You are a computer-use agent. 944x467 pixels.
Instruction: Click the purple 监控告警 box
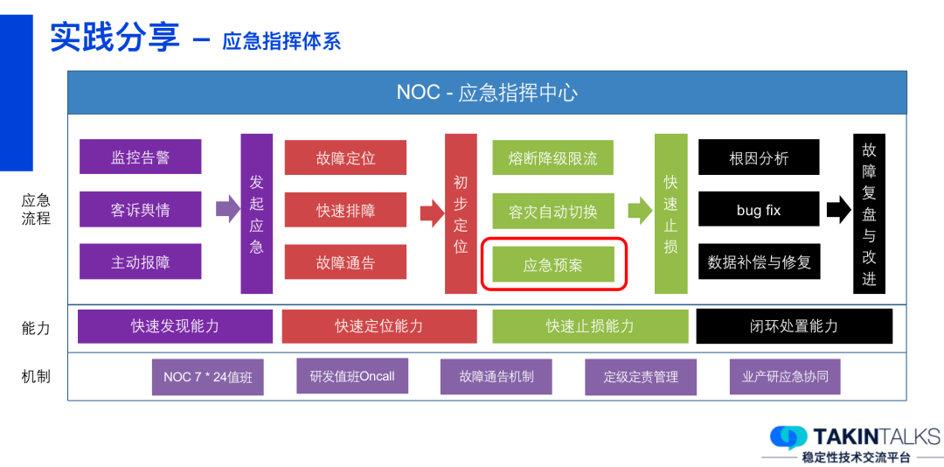pyautogui.click(x=140, y=157)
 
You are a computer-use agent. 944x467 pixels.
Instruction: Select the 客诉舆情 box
pyautogui.click(x=140, y=210)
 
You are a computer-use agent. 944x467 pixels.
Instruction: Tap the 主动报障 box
pyautogui.click(x=140, y=262)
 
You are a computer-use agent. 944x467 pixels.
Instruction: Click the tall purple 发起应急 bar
pyautogui.click(x=256, y=213)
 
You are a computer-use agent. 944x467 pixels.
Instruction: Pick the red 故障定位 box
pyautogui.click(x=345, y=157)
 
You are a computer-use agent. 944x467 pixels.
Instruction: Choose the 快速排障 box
pyautogui.click(x=345, y=210)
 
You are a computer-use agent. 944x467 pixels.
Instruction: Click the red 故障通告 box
pyautogui.click(x=345, y=262)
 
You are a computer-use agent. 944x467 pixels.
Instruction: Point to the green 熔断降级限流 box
pyautogui.click(x=552, y=157)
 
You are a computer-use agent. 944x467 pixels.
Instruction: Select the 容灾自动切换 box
pyautogui.click(x=552, y=211)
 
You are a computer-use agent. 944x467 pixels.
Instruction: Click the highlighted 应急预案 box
pyautogui.click(x=552, y=264)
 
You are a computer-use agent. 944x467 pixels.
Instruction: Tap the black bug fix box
pyautogui.click(x=758, y=210)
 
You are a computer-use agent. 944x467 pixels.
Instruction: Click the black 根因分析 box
pyautogui.click(x=758, y=157)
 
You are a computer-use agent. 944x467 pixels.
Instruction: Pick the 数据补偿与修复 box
pyautogui.click(x=758, y=261)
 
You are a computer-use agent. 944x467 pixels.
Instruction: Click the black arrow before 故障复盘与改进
pyautogui.click(x=838, y=209)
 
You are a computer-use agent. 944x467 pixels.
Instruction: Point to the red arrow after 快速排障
pyautogui.click(x=432, y=212)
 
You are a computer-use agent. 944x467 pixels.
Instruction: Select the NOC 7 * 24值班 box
pyautogui.click(x=207, y=377)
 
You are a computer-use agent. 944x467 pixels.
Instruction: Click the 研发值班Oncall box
pyautogui.click(x=351, y=376)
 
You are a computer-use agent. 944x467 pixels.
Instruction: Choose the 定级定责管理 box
pyautogui.click(x=641, y=377)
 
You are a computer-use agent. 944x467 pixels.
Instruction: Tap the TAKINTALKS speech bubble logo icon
pyautogui.click(x=788, y=437)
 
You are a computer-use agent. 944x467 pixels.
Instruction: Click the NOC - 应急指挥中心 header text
pyautogui.click(x=487, y=92)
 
